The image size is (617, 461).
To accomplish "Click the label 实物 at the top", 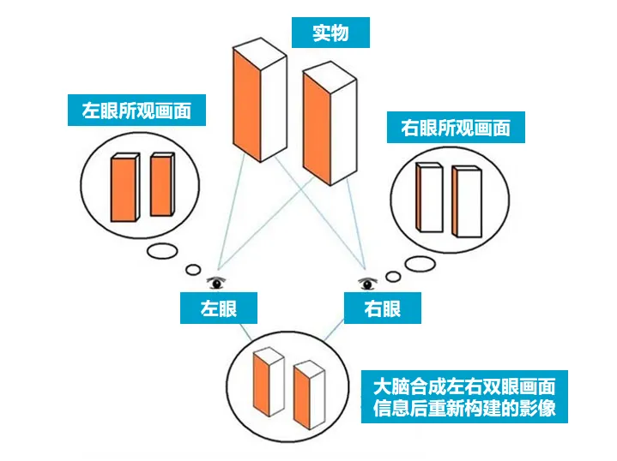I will (x=330, y=33).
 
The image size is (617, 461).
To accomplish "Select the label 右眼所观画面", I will (x=456, y=129).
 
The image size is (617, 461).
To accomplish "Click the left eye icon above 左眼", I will (x=217, y=281).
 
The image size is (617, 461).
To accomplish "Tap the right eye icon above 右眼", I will (x=370, y=282).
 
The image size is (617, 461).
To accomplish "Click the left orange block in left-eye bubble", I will (x=124, y=188).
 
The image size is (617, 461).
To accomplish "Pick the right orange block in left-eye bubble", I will (x=161, y=184).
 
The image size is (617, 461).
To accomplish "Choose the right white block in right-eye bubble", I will (x=465, y=201).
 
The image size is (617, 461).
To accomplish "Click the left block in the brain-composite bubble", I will (x=266, y=382).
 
